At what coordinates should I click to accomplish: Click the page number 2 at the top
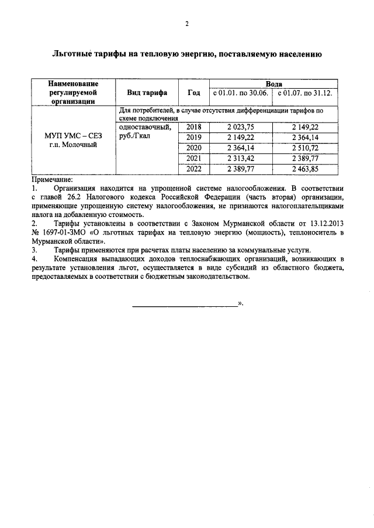tap(186, 24)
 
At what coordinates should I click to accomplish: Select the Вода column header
tap(273, 85)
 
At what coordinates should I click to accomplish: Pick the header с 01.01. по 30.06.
tap(240, 93)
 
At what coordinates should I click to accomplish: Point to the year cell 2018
tap(193, 126)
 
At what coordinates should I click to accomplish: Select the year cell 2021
tap(193, 158)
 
